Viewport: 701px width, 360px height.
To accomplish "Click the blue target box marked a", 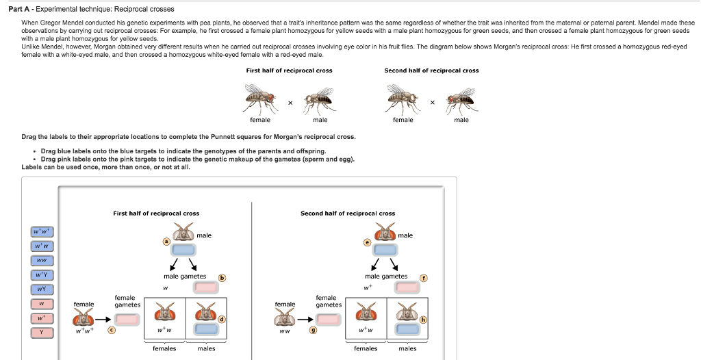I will pyautogui.click(x=183, y=250).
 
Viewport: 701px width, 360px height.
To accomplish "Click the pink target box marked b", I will pyautogui.click(x=206, y=287).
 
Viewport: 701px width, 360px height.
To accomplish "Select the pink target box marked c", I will pyautogui.click(x=127, y=319).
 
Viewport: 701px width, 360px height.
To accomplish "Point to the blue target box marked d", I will pyautogui.click(x=206, y=329).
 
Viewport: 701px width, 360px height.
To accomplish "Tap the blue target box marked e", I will pyautogui.click(x=385, y=250).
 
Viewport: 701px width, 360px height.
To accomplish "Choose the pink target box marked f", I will pyautogui.click(x=407, y=287).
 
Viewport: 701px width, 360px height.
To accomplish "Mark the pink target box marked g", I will pyautogui.click(x=327, y=319).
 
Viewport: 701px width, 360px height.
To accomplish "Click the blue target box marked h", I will pyautogui.click(x=407, y=329).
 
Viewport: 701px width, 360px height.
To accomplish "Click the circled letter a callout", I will pyautogui.click(x=165, y=242).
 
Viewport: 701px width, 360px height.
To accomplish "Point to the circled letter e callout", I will pyautogui.click(x=366, y=242).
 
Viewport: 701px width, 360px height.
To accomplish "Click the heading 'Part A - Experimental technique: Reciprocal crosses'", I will pyautogui.click(x=96, y=9).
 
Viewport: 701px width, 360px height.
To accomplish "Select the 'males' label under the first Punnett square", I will pyautogui.click(x=206, y=348).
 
